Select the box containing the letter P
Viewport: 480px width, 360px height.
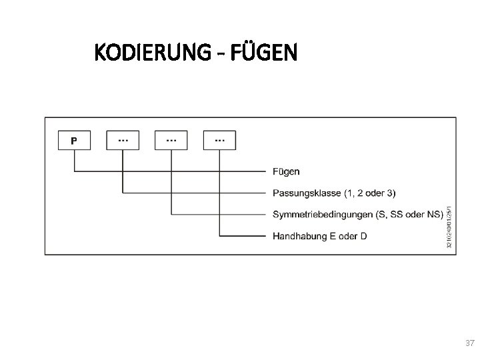[74, 141]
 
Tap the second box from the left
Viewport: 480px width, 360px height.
[123, 140]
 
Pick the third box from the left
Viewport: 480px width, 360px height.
[171, 140]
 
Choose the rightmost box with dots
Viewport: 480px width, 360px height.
[219, 140]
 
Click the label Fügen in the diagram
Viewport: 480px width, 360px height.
[287, 171]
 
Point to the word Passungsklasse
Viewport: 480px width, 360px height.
[307, 193]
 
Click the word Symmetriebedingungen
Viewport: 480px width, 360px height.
[322, 215]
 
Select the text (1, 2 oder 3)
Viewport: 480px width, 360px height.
[369, 193]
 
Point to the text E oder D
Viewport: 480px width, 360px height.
[348, 236]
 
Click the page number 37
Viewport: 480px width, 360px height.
[469, 343]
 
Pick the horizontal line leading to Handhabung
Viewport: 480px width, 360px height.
[243, 236]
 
